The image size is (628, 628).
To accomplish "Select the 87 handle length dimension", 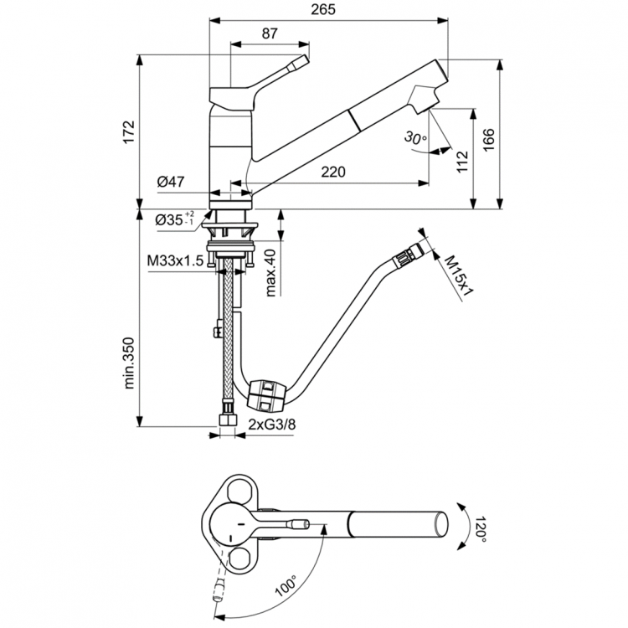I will point(269,33).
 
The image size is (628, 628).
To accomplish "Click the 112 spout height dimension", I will point(462,161).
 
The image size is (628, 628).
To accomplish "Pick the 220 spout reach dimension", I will point(333,172).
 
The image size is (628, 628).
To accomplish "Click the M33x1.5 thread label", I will point(175,261).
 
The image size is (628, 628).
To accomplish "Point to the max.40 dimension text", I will point(270,272).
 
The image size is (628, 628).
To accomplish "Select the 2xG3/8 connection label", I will point(272,425).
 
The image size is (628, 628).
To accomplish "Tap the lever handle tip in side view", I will point(300,64).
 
